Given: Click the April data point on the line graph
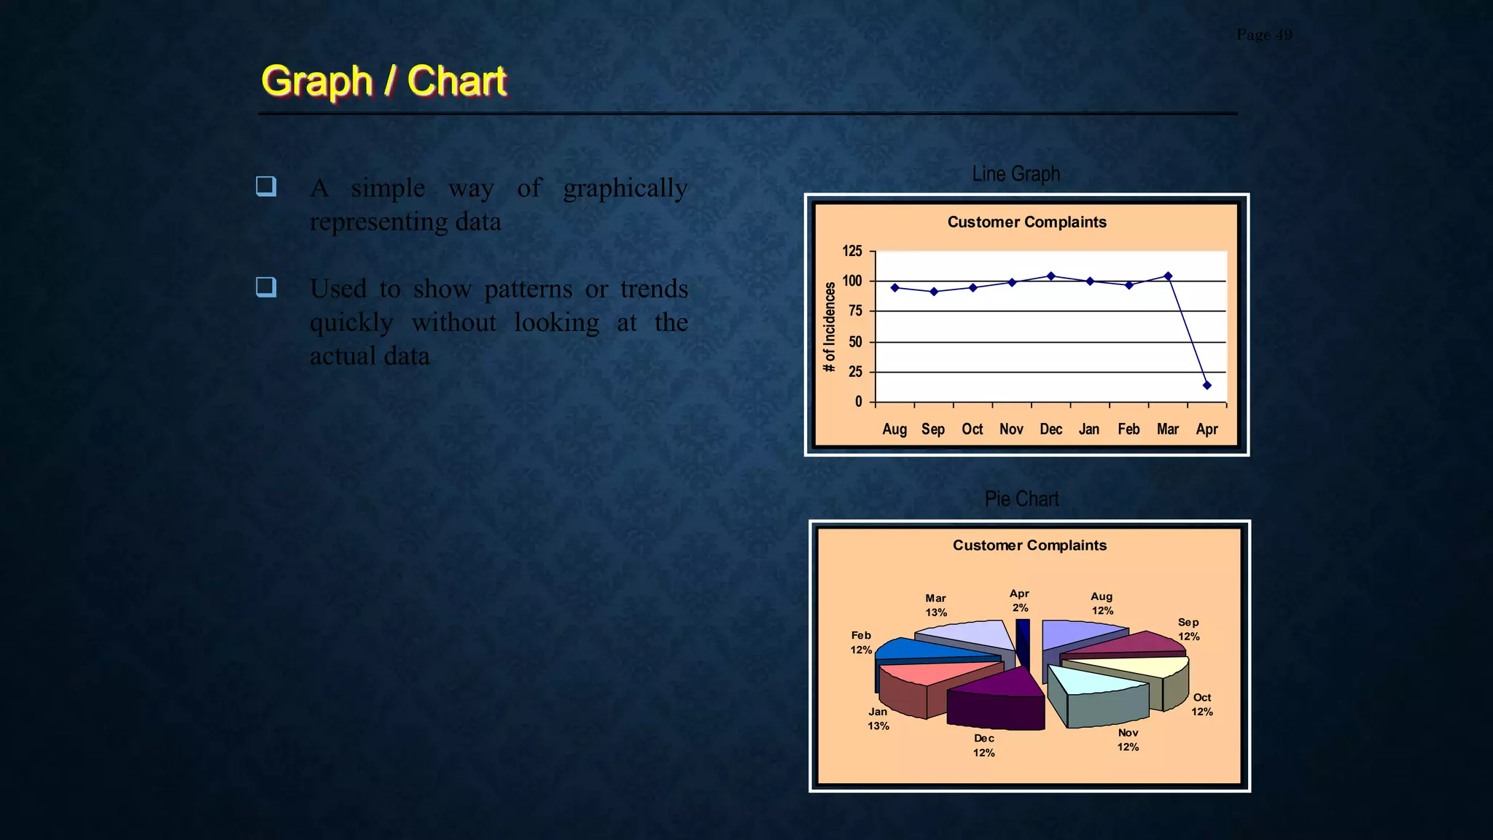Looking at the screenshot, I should (x=1207, y=385).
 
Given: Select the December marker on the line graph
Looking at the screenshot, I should (x=1050, y=276).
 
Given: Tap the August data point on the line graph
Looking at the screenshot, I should (x=894, y=287).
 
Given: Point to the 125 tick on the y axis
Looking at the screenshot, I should (x=851, y=251).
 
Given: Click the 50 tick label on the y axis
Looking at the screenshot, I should (x=854, y=341).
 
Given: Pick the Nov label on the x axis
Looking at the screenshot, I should (x=1011, y=429).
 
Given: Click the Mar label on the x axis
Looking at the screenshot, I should (x=1167, y=429).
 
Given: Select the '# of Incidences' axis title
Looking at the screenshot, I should (x=829, y=327).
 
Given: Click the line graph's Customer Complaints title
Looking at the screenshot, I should (x=1026, y=222).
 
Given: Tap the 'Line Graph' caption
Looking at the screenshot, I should (x=1016, y=174).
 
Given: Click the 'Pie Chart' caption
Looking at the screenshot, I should (x=1021, y=499).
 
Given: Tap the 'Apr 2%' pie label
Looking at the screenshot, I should (x=1019, y=601).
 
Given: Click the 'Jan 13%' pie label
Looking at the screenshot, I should (x=878, y=718).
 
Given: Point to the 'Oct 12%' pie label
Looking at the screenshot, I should (x=1201, y=704).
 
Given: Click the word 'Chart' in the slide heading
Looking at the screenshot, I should (x=456, y=80).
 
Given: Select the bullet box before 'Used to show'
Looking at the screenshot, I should (x=266, y=287).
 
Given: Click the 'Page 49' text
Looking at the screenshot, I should (x=1264, y=34).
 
